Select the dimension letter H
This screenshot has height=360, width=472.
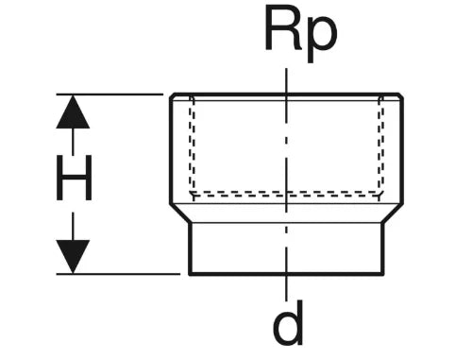pos(74,178)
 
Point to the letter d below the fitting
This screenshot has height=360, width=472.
pos(288,323)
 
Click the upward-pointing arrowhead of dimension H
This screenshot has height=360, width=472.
pos(73,111)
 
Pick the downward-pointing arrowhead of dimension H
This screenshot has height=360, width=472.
pos(73,256)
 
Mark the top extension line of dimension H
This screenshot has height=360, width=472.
pos(110,94)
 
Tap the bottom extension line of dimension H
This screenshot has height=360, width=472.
pos(118,274)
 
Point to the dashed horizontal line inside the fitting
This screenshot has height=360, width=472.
pos(286,194)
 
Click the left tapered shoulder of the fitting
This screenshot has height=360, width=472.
pos(180,214)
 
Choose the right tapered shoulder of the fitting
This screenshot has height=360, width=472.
pos(393,214)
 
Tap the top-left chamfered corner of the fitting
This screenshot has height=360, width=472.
pos(172,95)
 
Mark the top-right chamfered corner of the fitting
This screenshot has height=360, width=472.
pos(401,95)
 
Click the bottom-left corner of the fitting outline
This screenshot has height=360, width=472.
pos(190,274)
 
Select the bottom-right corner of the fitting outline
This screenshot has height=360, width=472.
pos(383,274)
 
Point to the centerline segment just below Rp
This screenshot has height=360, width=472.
pos(286,80)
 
